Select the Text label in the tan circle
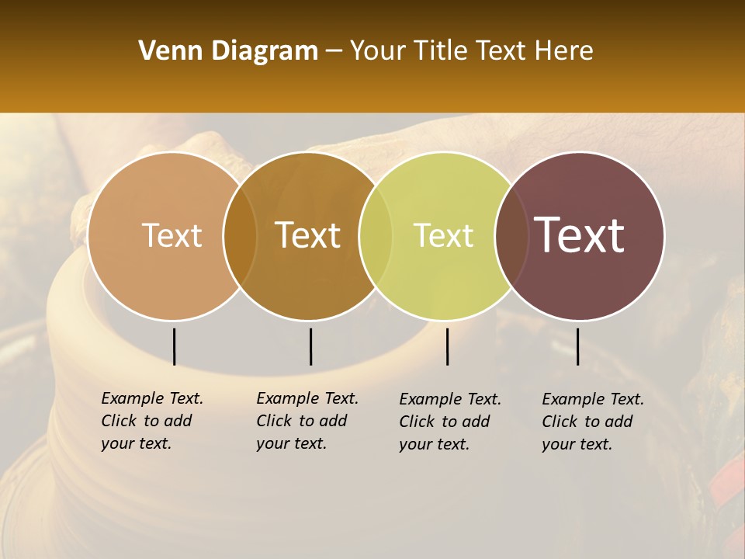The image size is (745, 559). tap(172, 235)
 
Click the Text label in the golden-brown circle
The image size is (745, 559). tap(308, 235)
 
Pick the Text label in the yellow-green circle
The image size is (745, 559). tap(443, 235)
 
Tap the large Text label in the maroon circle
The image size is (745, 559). tap(580, 235)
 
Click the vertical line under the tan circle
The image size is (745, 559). tap(174, 346)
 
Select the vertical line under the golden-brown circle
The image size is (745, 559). tap(310, 346)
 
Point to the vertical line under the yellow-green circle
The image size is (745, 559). tap(447, 346)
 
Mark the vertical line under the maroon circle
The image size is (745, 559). tap(577, 346)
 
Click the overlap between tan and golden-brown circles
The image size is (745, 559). tap(240, 236)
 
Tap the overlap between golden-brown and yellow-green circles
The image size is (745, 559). tap(376, 236)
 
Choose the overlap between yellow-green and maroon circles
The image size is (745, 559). tap(511, 236)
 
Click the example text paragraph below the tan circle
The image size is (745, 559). tap(152, 421)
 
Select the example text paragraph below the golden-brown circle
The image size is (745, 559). tap(307, 421)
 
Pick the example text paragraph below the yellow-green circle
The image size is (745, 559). tap(450, 422)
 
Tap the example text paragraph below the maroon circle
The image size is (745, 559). tap(593, 422)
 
